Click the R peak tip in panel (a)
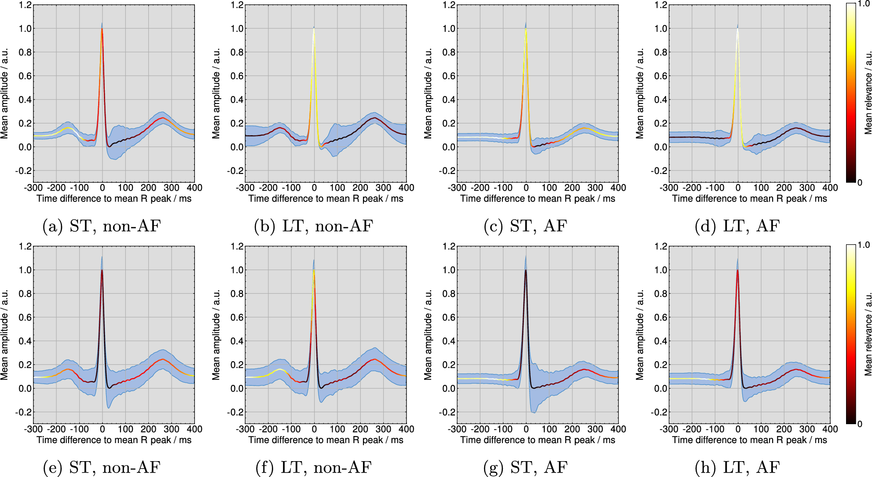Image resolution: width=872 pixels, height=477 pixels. click(102, 29)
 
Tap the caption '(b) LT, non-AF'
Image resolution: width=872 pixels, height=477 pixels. click(313, 226)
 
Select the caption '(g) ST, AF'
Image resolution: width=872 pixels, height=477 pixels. click(525, 467)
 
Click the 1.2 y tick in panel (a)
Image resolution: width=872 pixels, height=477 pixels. click(26, 5)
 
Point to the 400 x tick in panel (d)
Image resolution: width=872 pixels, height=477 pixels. click(830, 188)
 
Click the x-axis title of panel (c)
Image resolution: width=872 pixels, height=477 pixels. click(538, 199)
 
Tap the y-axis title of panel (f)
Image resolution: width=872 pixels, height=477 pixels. click(216, 335)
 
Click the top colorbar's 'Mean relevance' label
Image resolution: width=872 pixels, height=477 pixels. click(868, 93)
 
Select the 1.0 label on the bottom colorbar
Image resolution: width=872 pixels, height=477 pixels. click(864, 245)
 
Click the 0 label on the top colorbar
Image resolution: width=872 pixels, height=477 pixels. click(860, 183)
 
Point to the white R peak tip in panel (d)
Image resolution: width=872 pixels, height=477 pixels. click(737, 29)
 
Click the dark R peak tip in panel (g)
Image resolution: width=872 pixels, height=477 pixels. click(526, 270)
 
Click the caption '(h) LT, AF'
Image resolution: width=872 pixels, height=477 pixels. click(737, 467)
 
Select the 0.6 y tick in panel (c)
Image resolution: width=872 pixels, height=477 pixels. click(449, 76)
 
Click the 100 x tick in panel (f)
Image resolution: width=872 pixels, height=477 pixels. click(337, 429)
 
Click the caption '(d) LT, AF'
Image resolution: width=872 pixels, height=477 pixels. click(737, 226)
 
